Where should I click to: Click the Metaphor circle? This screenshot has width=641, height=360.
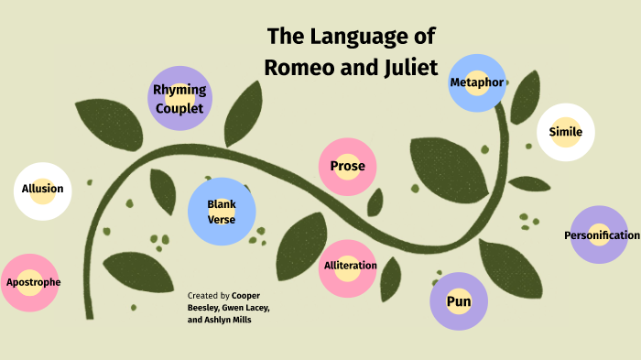[x=477, y=83]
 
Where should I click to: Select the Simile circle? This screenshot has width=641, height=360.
[x=565, y=132]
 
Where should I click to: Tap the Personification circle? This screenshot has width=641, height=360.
[x=600, y=235]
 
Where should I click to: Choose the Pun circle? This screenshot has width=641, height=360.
[x=459, y=301]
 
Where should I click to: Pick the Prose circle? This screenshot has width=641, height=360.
[x=348, y=167]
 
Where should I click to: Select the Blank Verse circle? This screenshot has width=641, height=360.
[x=222, y=212]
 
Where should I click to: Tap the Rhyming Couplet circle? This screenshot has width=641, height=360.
[x=179, y=98]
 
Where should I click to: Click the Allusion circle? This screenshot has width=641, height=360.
[x=43, y=191]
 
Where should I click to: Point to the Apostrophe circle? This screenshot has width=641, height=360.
[x=34, y=282]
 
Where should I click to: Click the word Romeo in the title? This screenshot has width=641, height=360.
[x=299, y=66]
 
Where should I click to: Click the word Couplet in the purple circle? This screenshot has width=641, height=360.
[x=179, y=108]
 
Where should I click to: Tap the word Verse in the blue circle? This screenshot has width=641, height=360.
[x=222, y=220]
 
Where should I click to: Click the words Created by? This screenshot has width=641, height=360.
[x=208, y=296]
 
